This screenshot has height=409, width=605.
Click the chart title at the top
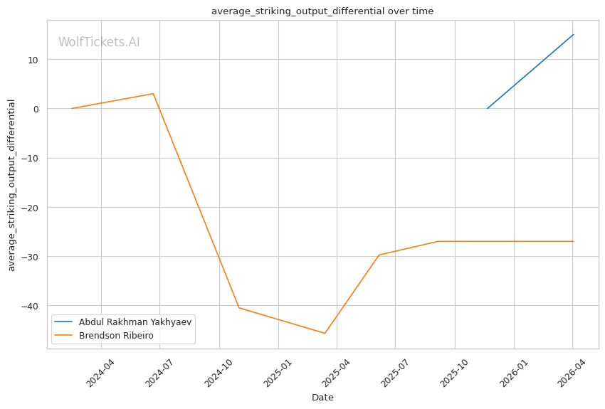322,11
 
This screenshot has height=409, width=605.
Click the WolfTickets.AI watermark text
99,42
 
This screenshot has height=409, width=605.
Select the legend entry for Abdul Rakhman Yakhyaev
135,321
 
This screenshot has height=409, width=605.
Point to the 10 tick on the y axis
33,60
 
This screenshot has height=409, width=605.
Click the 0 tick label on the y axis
36,109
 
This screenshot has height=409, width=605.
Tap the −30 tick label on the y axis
31,257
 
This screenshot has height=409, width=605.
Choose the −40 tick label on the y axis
31,306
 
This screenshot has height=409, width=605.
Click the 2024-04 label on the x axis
99,372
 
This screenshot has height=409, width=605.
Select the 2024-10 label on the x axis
217,372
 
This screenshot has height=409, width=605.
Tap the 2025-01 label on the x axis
276,372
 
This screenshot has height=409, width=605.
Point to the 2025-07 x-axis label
394,372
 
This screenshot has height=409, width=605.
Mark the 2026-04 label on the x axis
570,372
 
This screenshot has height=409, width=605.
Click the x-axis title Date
322,398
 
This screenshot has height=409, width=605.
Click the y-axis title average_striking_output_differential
11,185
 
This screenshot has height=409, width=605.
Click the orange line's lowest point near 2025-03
325,333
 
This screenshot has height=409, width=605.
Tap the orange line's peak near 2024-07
153,94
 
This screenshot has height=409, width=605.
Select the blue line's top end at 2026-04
573,35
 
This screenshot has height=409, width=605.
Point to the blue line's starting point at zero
488,108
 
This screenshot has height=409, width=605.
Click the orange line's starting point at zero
72,108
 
